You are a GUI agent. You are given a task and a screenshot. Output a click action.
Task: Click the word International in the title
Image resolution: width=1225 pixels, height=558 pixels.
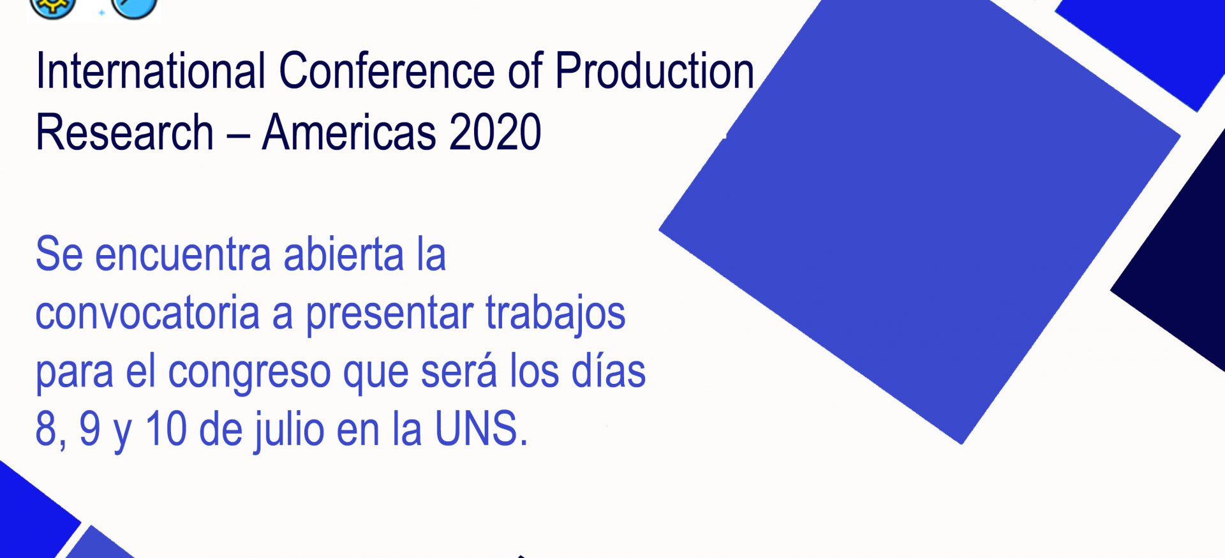pyautogui.click(x=151, y=71)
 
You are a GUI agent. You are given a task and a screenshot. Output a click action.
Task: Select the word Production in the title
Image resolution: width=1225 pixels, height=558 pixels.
pyautogui.click(x=655, y=71)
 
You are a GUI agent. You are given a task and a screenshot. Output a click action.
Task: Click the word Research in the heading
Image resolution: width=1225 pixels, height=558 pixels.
pyautogui.click(x=124, y=133)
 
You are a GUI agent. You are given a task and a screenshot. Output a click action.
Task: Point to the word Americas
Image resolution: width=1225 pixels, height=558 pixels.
pyautogui.click(x=348, y=133)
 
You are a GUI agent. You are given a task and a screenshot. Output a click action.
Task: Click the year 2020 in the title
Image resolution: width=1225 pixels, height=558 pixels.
pyautogui.click(x=495, y=133)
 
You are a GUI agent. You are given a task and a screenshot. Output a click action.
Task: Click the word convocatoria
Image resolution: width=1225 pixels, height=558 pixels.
pyautogui.click(x=147, y=312)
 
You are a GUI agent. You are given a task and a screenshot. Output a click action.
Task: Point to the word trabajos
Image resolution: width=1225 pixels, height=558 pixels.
pyautogui.click(x=555, y=314)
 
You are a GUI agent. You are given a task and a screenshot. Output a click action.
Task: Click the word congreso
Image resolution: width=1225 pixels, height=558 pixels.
pyautogui.click(x=249, y=372)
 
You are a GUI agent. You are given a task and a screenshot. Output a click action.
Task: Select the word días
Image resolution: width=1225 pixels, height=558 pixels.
pyautogui.click(x=609, y=370)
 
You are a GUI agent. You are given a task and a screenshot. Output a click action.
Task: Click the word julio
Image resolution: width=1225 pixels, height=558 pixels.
pyautogui.click(x=290, y=430)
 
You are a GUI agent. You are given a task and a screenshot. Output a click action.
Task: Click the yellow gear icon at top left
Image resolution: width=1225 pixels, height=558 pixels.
pyautogui.click(x=53, y=8)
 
